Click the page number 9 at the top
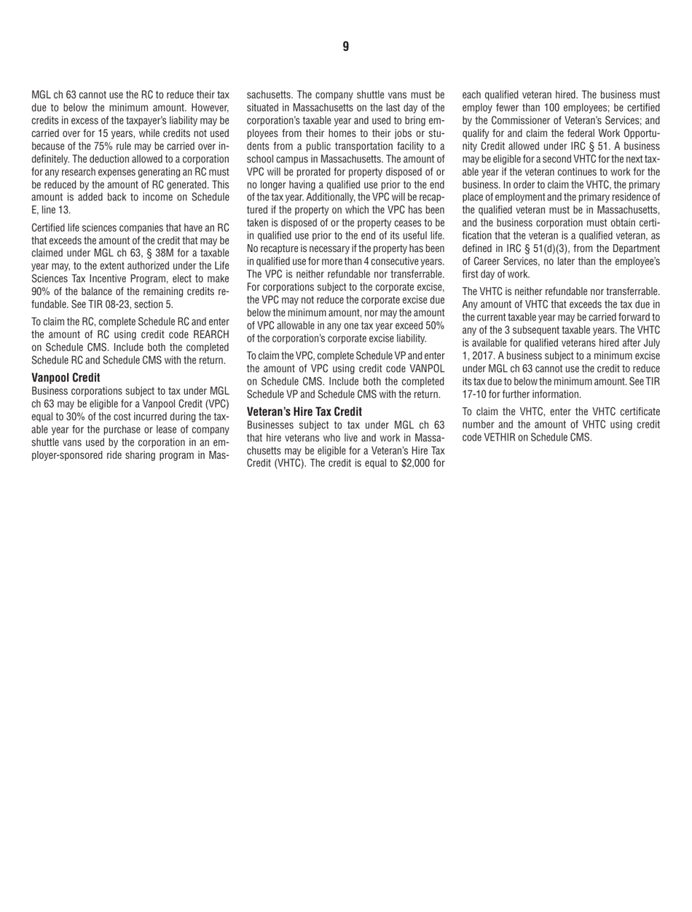coord(346,47)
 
